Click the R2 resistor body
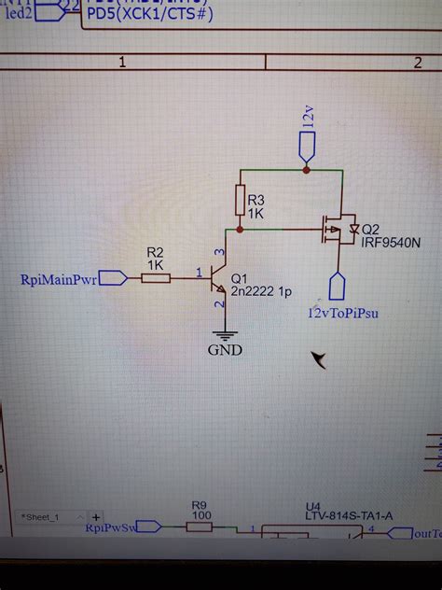156,277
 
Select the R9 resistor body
199,527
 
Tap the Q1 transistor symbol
220,278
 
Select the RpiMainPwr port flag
112,277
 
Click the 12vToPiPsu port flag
337,286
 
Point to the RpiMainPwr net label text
58,278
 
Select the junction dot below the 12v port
306,170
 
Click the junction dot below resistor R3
241,228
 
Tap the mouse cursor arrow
320,359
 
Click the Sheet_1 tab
43,516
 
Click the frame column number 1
122,62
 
